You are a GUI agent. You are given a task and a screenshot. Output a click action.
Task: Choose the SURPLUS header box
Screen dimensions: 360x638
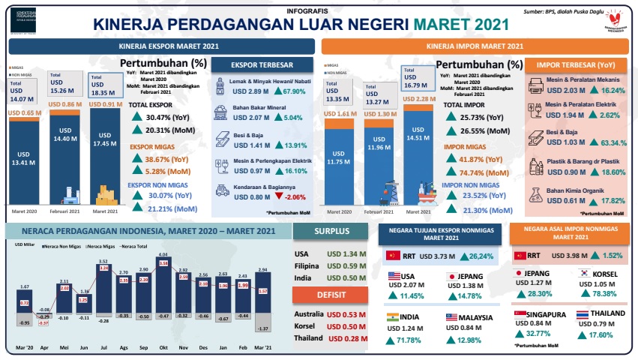(330, 232)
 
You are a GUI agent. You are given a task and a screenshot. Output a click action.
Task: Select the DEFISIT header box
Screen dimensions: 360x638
(330, 295)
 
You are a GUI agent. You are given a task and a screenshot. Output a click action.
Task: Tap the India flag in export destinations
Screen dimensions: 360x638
(393, 317)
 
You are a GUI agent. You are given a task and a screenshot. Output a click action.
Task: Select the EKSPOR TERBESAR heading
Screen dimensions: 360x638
(262, 64)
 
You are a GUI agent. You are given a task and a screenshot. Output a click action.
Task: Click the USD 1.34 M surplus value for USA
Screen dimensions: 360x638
(346, 253)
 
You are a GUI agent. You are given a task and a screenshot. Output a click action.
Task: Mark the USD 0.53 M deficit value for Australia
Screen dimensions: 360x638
(346, 313)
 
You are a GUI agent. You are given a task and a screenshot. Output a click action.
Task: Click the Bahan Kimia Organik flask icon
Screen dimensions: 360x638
(535, 195)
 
